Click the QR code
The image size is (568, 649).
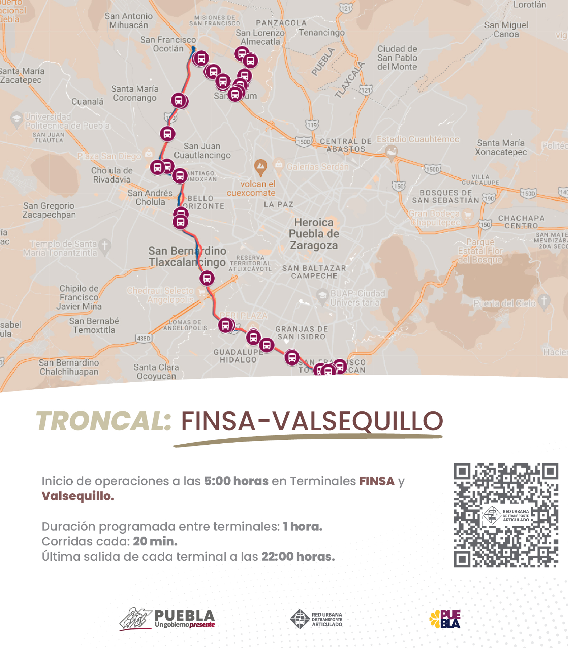(506, 515)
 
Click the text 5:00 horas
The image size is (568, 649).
(236, 481)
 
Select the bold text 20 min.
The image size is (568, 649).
(155, 541)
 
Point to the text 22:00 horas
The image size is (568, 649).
(298, 556)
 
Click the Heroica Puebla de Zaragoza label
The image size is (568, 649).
(314, 234)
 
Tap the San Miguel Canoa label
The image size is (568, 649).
(506, 29)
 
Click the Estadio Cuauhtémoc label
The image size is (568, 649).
(418, 139)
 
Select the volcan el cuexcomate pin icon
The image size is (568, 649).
(261, 167)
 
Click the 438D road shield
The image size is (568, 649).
(144, 338)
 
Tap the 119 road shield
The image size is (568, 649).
(312, 124)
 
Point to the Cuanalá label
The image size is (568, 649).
(88, 101)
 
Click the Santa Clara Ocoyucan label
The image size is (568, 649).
(156, 371)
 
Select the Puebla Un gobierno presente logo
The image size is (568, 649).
(167, 619)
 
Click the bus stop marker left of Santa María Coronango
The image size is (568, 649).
(179, 100)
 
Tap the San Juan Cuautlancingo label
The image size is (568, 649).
(202, 151)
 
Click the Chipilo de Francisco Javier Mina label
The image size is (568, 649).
(79, 297)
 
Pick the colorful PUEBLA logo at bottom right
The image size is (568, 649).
(445, 619)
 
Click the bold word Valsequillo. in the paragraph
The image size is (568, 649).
(78, 496)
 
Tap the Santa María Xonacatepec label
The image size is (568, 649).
(501, 148)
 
